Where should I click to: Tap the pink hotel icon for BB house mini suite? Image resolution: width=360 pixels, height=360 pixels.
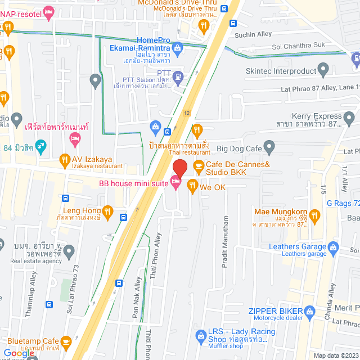coord(174,180)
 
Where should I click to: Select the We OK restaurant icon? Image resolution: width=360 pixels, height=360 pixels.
coord(192,184)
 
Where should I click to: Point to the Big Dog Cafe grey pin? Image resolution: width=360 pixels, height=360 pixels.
coord(269,148)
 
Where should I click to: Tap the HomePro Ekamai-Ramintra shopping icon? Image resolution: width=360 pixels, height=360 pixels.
coord(178,48)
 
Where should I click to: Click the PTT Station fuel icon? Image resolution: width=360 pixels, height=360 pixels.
coord(178,75)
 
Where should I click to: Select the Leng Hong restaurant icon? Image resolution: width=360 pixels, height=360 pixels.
coord(108,211)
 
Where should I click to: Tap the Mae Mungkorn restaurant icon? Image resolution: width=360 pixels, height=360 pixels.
coord(314,214)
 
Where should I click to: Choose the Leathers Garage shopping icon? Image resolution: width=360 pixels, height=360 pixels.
coord(334,246)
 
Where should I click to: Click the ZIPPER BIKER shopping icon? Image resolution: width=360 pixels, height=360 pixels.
coord(309,311)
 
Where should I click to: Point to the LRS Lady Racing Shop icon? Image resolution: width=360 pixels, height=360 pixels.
coord(200,336)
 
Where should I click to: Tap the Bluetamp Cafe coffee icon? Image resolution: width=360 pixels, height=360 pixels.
coord(66,341)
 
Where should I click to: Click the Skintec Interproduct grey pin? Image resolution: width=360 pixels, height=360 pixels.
coord(323,71)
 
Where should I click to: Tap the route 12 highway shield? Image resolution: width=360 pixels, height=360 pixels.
coord(186,112)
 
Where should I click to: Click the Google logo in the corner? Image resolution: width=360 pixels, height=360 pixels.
coord(18,353)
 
